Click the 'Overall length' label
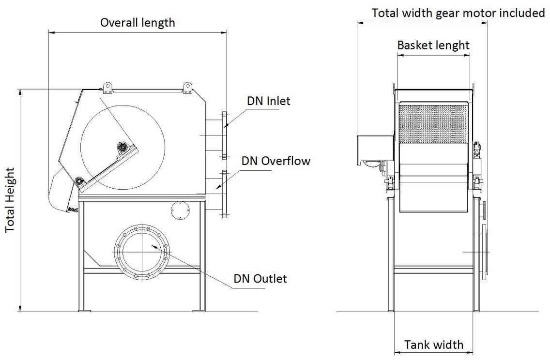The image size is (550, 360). click(137, 23)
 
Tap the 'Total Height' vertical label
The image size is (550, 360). click(10, 200)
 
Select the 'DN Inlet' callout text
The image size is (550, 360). click(269, 101)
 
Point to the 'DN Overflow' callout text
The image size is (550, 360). click(276, 161)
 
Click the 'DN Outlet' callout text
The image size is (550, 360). click(260, 279)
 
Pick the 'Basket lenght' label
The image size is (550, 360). click(433, 45)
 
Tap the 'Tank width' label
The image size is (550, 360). click(434, 345)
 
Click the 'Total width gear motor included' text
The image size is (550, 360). click(458, 13)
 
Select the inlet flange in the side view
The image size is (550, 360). click(224, 135)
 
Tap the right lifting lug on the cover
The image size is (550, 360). click(187, 88)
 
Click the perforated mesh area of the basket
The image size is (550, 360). click(433, 124)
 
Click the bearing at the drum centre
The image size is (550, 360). click(122, 147)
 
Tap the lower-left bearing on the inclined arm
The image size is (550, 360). click(79, 181)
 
